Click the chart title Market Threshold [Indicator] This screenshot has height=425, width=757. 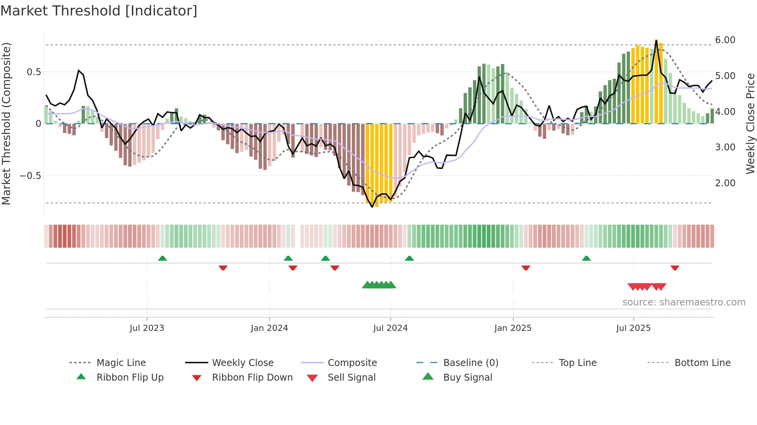click(99, 11)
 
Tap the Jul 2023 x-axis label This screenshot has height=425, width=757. click(147, 328)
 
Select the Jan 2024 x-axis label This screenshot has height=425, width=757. click(269, 328)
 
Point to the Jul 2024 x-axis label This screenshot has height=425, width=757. click(390, 328)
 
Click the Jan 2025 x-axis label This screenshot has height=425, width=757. click(513, 328)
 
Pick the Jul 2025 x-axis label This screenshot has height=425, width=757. click(633, 328)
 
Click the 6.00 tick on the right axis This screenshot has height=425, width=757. click(725, 40)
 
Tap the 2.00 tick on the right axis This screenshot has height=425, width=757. click(725, 183)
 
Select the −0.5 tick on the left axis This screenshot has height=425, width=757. click(30, 176)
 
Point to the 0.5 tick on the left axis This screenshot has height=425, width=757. click(34, 72)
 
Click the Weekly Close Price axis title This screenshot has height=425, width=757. click(750, 123)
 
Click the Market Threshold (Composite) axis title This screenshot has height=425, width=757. click(6, 123)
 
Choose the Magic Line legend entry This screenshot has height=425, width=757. click(121, 363)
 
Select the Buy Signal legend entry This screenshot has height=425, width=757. click(467, 378)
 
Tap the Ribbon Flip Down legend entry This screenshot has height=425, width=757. click(252, 378)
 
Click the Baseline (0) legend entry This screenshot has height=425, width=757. click(470, 363)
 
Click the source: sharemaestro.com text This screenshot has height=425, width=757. click(684, 302)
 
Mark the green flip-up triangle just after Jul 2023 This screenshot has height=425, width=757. click(162, 258)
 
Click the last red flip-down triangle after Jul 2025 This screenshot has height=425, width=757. click(675, 268)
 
